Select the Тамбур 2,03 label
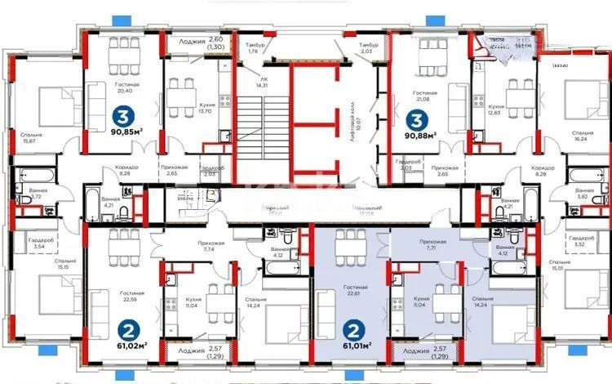coord(366,48)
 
